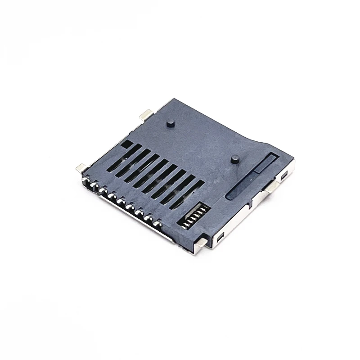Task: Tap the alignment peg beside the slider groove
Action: click(x=234, y=159)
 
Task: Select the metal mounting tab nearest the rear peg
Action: click(x=146, y=115)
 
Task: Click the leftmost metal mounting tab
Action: click(x=81, y=167)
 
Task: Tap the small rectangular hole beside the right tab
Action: click(x=284, y=178)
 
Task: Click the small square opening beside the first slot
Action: click(x=127, y=145)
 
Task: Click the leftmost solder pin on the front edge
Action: click(x=84, y=180)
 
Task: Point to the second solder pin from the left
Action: click(x=93, y=185)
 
